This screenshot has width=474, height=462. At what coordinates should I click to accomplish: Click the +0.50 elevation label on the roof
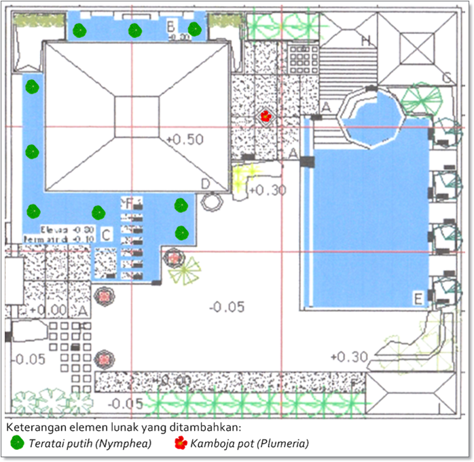point(185,140)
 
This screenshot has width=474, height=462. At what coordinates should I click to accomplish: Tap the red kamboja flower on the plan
point(266,116)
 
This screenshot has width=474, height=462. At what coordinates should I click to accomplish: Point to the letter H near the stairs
point(366,41)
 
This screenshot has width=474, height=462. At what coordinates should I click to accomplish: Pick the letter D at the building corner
point(206,183)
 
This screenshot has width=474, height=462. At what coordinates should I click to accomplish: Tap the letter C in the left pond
point(106,235)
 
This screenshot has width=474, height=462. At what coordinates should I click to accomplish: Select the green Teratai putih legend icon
point(16,444)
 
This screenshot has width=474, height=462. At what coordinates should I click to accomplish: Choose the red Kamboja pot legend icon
point(181,444)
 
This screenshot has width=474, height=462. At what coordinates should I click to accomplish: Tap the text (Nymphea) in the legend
point(127,444)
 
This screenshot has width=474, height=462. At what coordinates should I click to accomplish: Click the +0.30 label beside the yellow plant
point(268,191)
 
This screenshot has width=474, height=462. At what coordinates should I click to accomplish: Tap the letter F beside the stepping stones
point(131,202)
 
